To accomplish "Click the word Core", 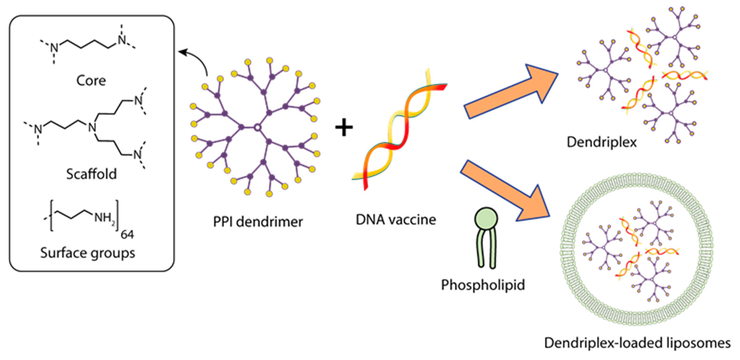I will click(x=91, y=81).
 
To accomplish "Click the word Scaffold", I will click(x=91, y=174).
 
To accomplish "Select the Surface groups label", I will click(x=88, y=253).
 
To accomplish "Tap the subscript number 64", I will click(x=127, y=235).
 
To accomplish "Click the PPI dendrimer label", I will click(x=258, y=222).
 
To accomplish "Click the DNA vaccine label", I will click(x=396, y=220).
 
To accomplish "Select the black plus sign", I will click(x=344, y=128).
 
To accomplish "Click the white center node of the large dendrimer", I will click(x=257, y=127).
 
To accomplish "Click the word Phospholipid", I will click(x=483, y=285).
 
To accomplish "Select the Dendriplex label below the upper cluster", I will click(x=601, y=142).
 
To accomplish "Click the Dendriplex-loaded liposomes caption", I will click(x=637, y=343).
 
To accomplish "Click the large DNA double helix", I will click(x=399, y=129).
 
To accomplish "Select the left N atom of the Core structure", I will click(x=54, y=48).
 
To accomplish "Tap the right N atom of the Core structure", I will click(x=122, y=40).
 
